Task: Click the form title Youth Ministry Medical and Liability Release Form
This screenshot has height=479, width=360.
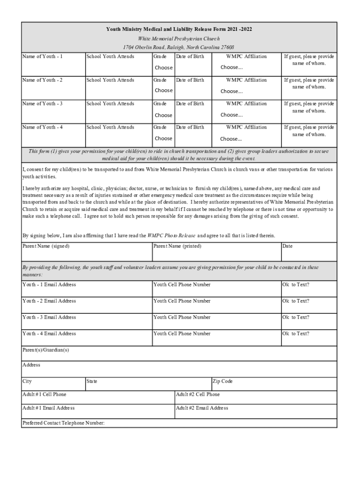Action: (179, 29)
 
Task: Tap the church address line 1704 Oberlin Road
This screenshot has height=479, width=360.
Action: (179, 47)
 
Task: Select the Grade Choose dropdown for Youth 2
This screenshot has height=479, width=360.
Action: (164, 90)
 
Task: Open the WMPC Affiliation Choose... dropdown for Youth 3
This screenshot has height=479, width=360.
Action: (232, 115)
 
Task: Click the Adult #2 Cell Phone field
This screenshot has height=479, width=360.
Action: (255, 398)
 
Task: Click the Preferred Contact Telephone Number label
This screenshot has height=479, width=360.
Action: (64, 423)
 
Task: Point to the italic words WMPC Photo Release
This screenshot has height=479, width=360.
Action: (171, 235)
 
